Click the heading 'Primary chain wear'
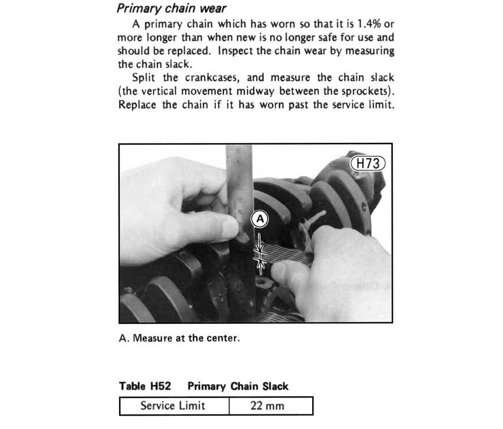pos(172,9)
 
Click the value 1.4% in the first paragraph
pos(360,24)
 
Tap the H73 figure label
pos(368,163)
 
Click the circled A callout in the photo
pos(260,219)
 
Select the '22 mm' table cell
pos(267,406)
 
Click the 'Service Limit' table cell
pos(173,406)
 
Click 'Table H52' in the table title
pos(145,386)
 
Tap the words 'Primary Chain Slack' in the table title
pos(237,386)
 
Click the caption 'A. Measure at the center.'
pos(179,339)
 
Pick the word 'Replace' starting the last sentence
pos(138,106)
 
